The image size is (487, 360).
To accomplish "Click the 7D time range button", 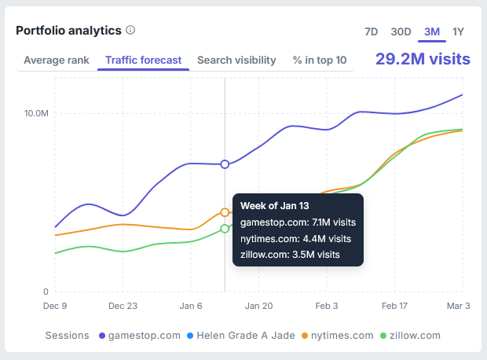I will click(372, 32).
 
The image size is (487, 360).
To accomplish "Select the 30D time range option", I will click(401, 32).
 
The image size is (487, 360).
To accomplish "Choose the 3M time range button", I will click(432, 32).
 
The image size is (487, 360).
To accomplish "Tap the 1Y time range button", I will click(459, 32).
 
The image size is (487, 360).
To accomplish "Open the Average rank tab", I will click(56, 60).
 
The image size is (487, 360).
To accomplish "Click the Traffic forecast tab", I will click(143, 60).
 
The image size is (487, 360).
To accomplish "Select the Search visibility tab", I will click(236, 60).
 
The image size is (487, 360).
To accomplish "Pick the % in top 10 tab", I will click(320, 60).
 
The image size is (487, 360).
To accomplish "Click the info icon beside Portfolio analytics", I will click(130, 31).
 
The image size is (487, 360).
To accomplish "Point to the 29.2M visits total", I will click(423, 59).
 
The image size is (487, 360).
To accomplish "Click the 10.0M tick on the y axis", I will click(36, 113).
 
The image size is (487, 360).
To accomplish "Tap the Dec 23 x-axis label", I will click(123, 306).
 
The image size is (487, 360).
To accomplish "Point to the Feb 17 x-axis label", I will click(394, 306).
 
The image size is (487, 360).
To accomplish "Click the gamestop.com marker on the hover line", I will click(225, 164).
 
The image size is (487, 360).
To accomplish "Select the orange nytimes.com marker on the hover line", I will click(225, 212).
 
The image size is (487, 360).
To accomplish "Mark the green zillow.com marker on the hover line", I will click(225, 229).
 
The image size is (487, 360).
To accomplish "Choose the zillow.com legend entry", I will click(411, 336).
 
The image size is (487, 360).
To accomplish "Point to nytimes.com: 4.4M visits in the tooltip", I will click(295, 238).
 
